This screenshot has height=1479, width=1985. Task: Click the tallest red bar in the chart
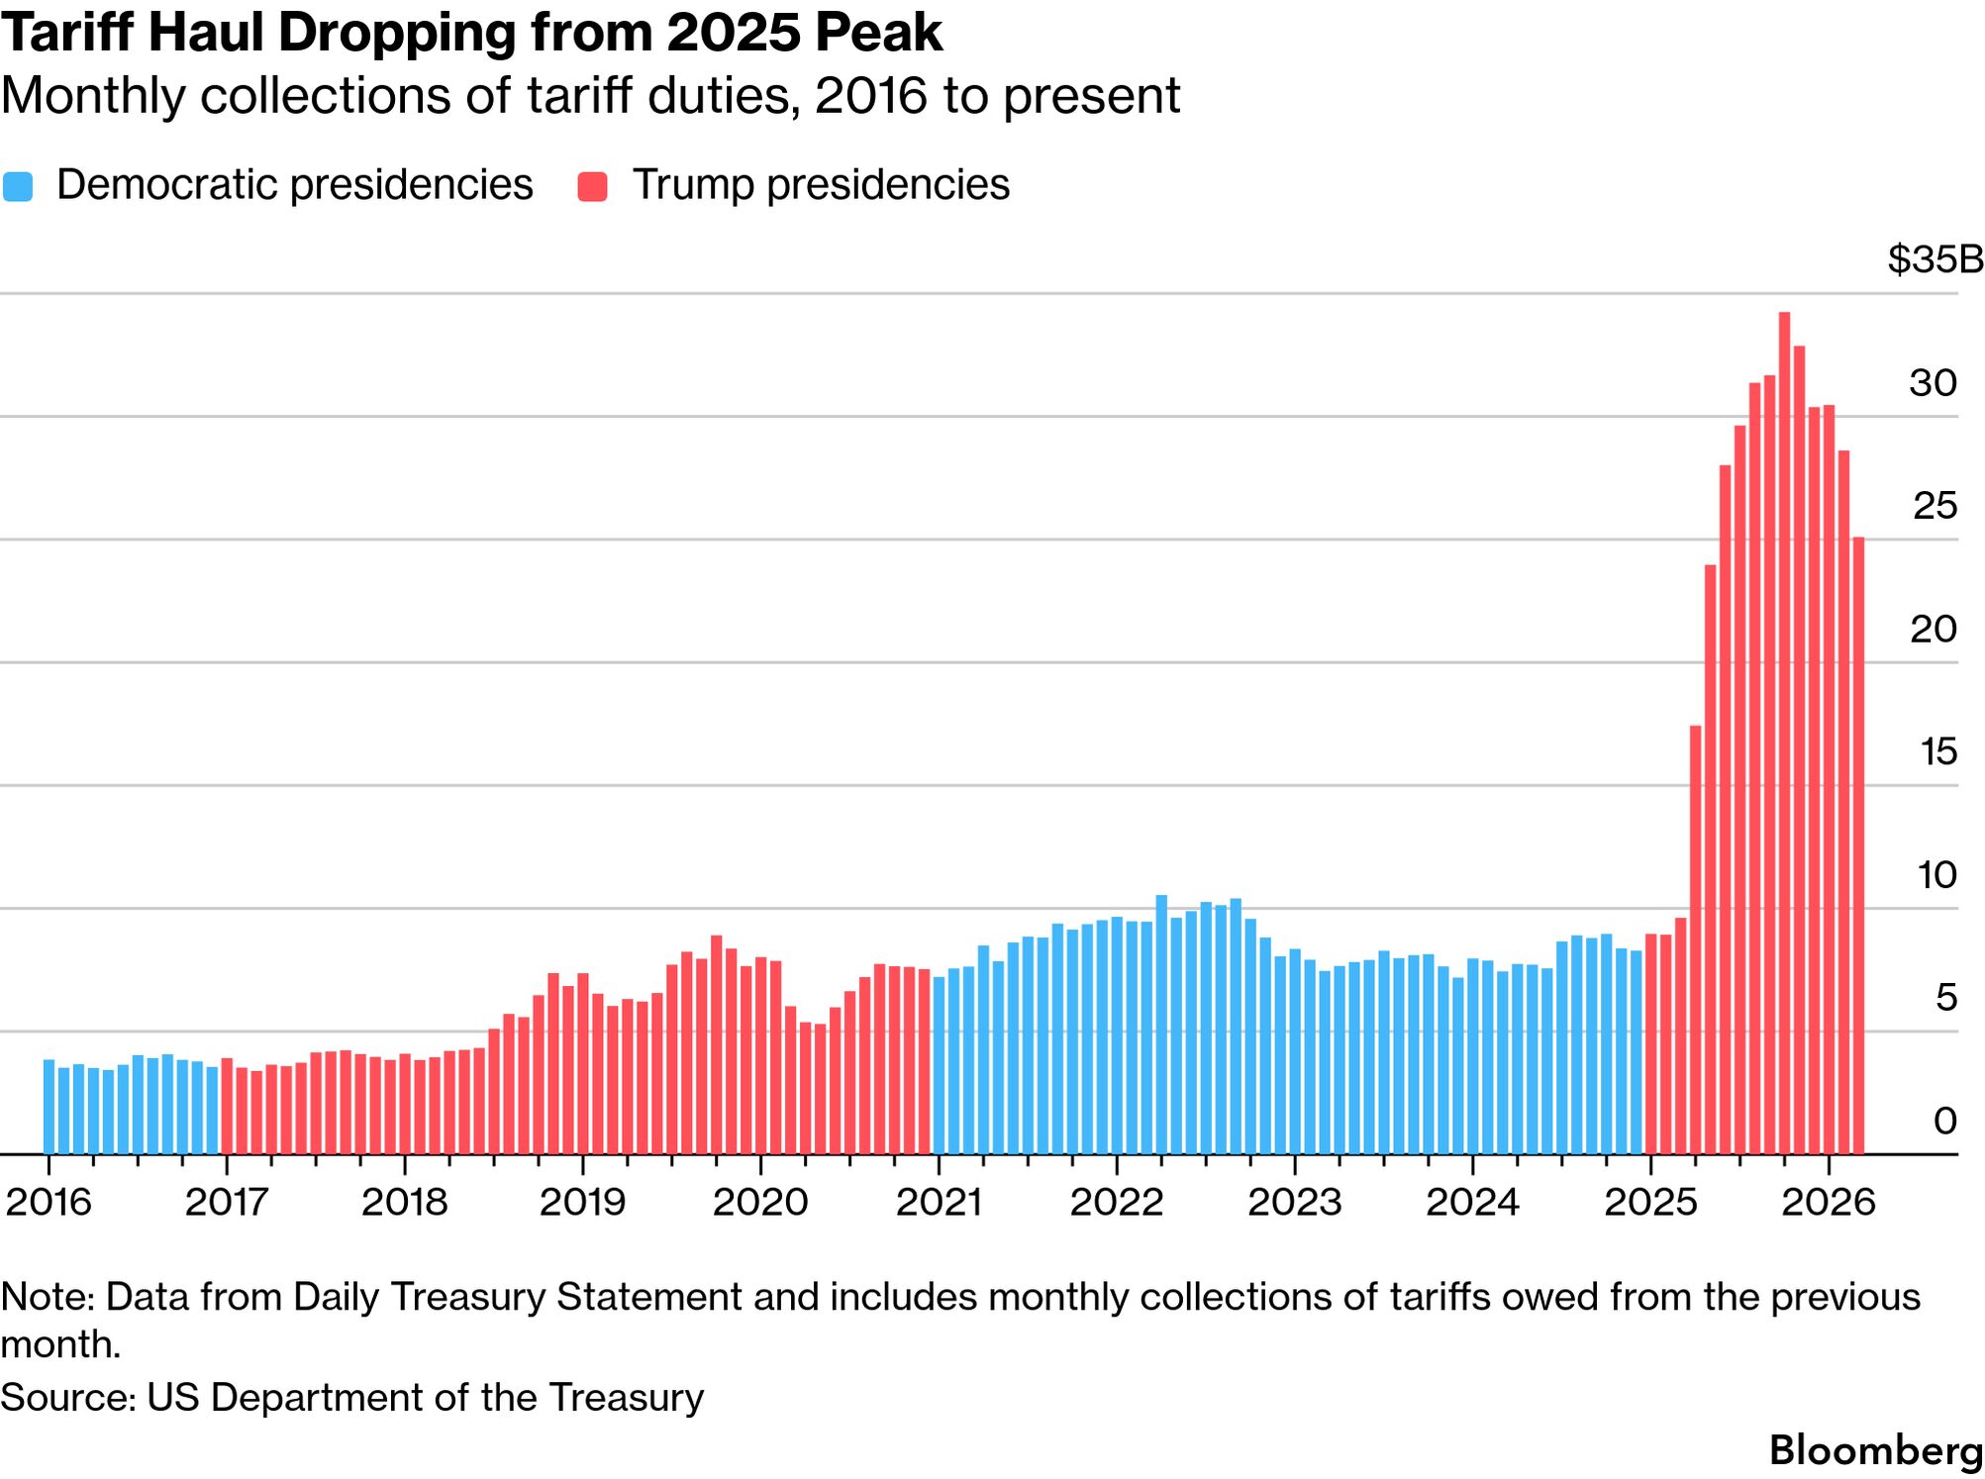1784,733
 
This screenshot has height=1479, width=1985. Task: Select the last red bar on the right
1858,845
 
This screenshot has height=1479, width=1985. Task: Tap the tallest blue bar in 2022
1161,1025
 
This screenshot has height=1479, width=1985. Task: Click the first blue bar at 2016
49,1107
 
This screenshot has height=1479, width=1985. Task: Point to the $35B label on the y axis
1935,259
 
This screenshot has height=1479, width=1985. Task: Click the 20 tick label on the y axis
1933,630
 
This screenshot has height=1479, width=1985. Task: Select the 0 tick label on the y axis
1944,1121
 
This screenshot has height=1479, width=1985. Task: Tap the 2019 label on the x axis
582,1202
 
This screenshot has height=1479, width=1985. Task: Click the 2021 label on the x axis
939,1202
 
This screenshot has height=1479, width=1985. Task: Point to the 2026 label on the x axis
1828,1202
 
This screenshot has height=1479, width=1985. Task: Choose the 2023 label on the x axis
1294,1202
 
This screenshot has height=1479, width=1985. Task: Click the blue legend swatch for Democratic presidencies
18,186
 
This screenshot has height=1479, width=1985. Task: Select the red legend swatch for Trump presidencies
592,186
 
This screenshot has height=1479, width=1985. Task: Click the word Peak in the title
878,34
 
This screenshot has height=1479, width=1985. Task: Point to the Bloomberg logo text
1875,1450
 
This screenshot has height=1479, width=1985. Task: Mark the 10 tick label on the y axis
1935,875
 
